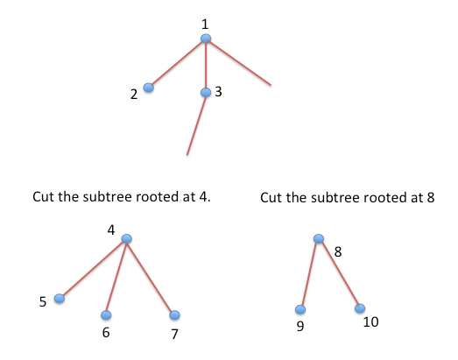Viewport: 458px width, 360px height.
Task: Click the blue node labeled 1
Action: point(206,39)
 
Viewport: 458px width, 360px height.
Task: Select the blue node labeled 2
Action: point(149,88)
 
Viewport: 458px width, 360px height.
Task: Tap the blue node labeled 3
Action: point(206,92)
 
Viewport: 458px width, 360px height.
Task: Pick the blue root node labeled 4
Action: point(126,239)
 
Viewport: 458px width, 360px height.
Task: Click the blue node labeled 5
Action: point(60,299)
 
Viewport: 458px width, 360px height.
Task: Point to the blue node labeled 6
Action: point(106,315)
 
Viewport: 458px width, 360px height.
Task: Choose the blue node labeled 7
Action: point(174,315)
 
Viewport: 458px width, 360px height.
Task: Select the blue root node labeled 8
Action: point(319,238)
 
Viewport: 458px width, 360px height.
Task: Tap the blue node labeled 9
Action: point(300,309)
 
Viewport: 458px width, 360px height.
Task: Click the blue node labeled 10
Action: point(360,308)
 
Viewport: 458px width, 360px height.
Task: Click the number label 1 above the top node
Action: point(205,24)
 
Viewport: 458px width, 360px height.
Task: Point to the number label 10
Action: point(370,321)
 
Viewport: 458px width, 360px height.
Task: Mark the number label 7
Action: point(174,334)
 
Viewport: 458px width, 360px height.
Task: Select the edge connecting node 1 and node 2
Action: point(177,63)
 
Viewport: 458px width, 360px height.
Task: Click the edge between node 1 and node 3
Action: point(206,66)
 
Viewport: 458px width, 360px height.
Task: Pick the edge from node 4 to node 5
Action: point(93,269)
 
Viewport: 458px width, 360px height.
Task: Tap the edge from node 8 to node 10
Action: point(340,273)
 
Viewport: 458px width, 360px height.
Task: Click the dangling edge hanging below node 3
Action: point(196,125)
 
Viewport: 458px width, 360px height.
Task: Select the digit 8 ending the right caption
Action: point(431,198)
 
